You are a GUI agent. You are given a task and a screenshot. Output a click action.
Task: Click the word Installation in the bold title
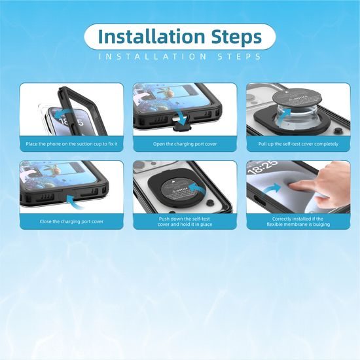[x=151, y=36]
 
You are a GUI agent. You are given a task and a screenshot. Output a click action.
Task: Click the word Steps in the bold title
[x=236, y=37]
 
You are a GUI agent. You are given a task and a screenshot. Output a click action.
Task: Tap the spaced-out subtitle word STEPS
[x=239, y=56]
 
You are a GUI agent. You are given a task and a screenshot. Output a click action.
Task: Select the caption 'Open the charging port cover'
[x=185, y=144]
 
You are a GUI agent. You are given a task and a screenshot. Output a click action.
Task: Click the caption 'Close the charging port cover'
[x=71, y=221]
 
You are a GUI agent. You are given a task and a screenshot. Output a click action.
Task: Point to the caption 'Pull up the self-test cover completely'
[x=298, y=144]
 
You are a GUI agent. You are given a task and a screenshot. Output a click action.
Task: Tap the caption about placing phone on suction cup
[x=71, y=144]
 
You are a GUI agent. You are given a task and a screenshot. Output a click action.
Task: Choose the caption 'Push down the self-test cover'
[x=185, y=221]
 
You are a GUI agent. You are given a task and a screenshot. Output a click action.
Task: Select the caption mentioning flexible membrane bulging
[x=298, y=221]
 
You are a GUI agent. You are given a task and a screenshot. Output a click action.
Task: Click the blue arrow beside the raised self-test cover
[x=285, y=114]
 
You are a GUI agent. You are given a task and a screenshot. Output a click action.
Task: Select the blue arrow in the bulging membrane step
[x=272, y=189]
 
